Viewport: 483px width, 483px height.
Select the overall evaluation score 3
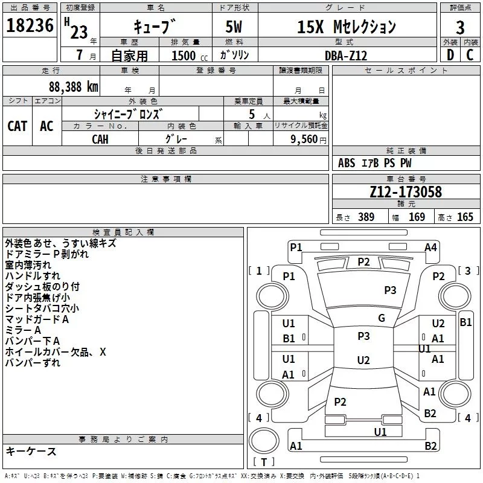click(460, 27)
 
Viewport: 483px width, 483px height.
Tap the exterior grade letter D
click(450, 54)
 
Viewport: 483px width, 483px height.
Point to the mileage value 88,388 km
click(73, 86)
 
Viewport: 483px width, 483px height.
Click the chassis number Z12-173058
click(406, 193)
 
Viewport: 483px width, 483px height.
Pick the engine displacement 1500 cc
click(187, 56)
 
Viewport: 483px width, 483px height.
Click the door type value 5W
click(235, 27)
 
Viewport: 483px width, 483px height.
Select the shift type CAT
click(17, 126)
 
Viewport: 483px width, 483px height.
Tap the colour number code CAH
click(100, 139)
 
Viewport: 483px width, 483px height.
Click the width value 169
click(417, 217)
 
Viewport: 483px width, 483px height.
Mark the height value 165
click(465, 217)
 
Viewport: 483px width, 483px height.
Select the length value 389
click(366, 217)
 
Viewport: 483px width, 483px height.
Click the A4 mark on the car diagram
click(430, 247)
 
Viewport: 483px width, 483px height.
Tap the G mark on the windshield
click(382, 318)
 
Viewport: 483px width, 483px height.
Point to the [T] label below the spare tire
click(263, 462)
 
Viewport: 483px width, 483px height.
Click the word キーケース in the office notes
click(31, 451)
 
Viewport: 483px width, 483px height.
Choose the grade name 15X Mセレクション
click(347, 27)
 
